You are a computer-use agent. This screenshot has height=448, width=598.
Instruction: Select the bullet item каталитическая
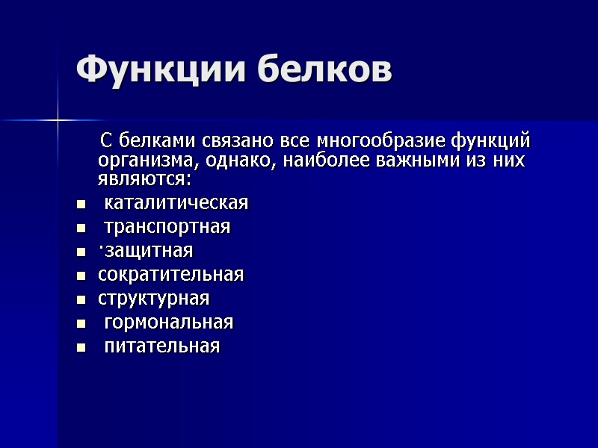pyautogui.click(x=176, y=203)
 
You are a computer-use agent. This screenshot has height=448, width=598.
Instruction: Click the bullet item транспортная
pyautogui.click(x=167, y=227)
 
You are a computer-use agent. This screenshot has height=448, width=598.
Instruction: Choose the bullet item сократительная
pyautogui.click(x=170, y=275)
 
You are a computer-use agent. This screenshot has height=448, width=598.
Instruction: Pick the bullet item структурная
pyautogui.click(x=153, y=299)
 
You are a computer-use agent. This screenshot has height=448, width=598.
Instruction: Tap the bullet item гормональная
pyautogui.click(x=168, y=323)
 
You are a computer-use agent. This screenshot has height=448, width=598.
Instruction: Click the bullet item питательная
pyautogui.click(x=161, y=346)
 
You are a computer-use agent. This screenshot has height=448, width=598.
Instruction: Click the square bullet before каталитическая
pyautogui.click(x=80, y=204)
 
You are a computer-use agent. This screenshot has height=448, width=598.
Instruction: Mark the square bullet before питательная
pyautogui.click(x=80, y=347)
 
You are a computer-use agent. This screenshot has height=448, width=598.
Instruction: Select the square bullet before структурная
pyautogui.click(x=80, y=299)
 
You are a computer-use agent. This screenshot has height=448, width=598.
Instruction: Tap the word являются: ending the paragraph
pyautogui.click(x=144, y=179)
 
